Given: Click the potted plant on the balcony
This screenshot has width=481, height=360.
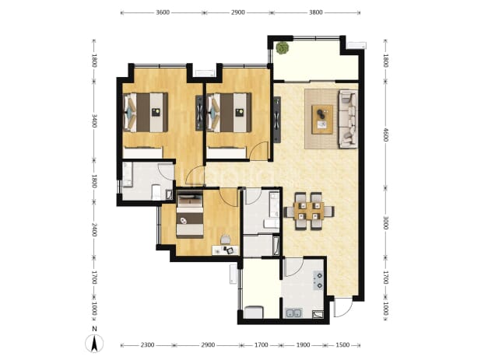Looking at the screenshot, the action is (x=282, y=48).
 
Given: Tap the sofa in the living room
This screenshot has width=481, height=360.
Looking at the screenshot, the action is (x=348, y=119).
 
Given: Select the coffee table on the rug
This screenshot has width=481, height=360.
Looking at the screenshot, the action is (x=322, y=119).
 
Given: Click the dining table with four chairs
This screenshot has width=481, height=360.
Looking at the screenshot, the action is (x=308, y=211).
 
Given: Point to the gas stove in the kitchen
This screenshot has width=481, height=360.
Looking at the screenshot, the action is (x=318, y=281).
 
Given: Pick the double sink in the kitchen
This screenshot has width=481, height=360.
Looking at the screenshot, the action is (x=293, y=313).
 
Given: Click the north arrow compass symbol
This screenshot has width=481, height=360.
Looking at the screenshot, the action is (x=94, y=344).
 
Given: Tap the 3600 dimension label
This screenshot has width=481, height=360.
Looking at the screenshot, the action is (x=163, y=12).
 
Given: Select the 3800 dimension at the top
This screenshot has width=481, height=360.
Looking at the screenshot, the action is (x=316, y=12).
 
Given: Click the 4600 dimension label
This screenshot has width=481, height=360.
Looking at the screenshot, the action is (x=385, y=135).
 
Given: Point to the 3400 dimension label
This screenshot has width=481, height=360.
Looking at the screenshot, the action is (x=94, y=121).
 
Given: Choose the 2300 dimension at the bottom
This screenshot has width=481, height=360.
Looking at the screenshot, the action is (x=147, y=345).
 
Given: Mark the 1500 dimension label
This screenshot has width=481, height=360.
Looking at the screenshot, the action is (x=342, y=345).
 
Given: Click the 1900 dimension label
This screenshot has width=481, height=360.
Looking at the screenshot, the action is (x=303, y=345).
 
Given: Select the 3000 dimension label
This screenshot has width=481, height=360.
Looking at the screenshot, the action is (x=385, y=222).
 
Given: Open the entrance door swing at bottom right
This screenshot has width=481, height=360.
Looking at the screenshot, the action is (x=342, y=307).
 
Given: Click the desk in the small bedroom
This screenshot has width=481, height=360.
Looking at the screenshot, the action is (x=226, y=250).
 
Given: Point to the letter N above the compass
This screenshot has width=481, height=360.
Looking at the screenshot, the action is (x=94, y=329).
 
